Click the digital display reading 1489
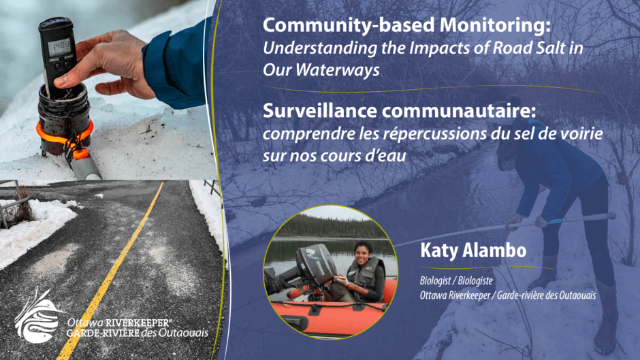(60, 48)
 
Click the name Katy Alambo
(473, 250)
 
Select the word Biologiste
(475, 281)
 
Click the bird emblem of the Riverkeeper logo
(37, 315)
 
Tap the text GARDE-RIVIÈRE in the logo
(103, 333)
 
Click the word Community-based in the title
(349, 25)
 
